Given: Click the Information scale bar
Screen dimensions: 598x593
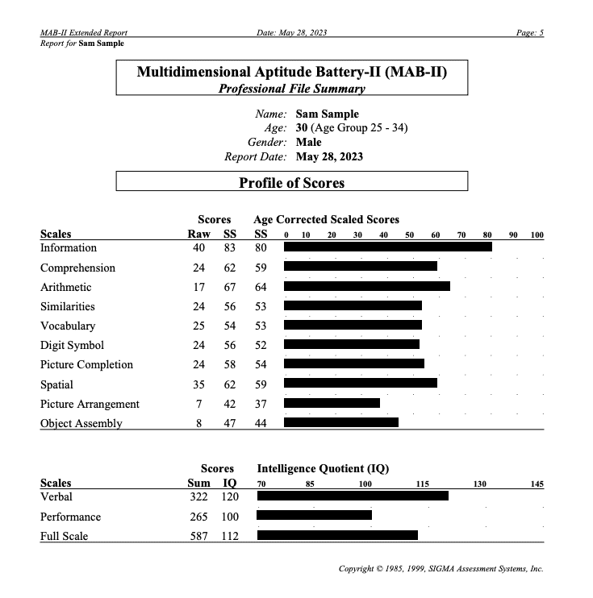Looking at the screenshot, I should (387, 247).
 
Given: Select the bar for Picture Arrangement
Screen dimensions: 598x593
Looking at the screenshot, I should (332, 403).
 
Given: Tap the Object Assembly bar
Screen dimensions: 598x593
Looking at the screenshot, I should (340, 422).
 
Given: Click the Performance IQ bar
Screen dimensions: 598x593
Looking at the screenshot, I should (315, 516).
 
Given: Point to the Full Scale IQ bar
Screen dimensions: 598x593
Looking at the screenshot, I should (337, 535).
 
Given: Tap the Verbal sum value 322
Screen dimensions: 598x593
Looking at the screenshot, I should (198, 496).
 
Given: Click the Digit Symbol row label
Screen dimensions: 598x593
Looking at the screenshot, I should (72, 345).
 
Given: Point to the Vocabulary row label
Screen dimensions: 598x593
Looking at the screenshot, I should (68, 326).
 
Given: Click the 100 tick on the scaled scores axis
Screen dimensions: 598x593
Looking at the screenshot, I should (537, 235).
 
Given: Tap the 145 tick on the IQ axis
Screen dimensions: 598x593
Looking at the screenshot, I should (537, 484).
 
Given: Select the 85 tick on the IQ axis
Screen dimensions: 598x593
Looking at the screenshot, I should (310, 484).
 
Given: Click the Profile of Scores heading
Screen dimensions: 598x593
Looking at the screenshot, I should (291, 183).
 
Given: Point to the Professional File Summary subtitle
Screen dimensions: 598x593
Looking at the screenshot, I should (291, 89).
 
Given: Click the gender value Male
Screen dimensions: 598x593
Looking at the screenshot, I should (309, 142).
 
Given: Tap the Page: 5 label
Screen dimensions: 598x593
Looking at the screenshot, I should (530, 32).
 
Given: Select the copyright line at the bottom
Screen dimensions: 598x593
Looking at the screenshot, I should (441, 568).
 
